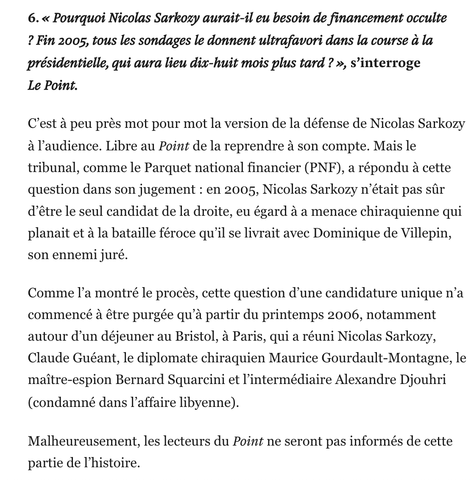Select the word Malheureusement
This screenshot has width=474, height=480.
(x=82, y=441)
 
